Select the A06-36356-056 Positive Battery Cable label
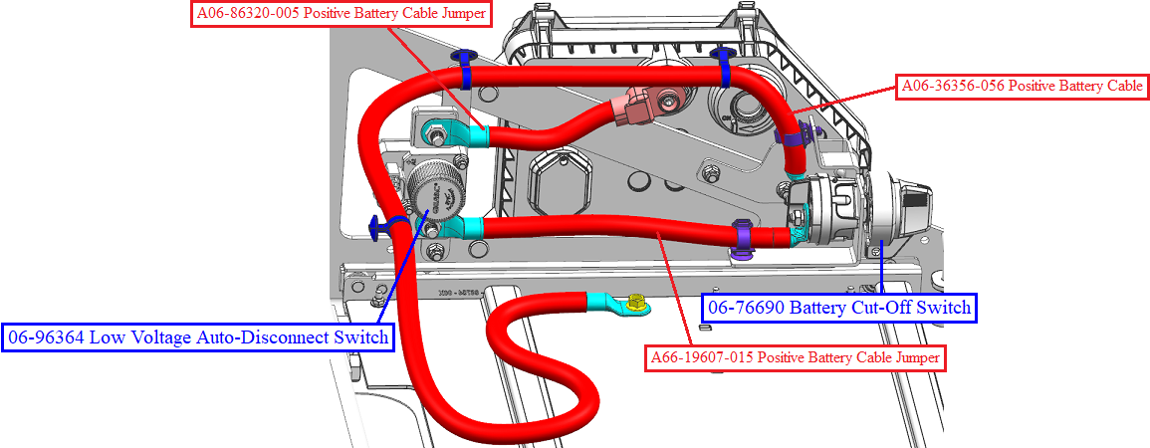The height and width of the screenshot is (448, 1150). click(x=1022, y=87)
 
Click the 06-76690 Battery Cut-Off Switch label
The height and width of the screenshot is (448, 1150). click(x=839, y=308)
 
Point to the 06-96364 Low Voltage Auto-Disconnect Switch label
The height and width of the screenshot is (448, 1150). click(x=198, y=337)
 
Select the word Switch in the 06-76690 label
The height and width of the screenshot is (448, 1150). click(x=944, y=308)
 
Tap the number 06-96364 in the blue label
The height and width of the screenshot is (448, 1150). click(x=46, y=337)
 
